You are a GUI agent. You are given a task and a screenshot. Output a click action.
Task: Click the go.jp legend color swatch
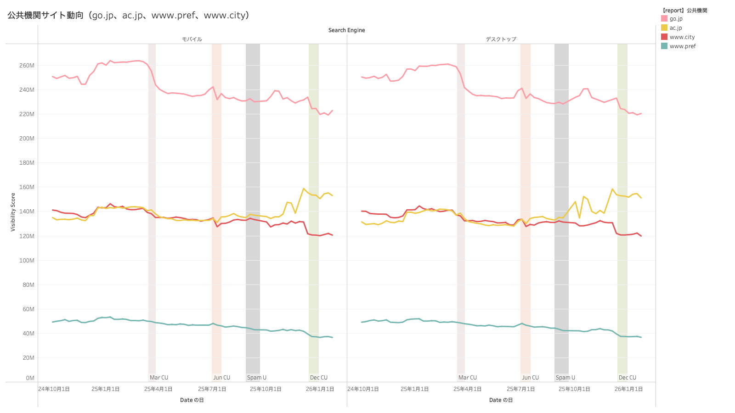tap(664, 19)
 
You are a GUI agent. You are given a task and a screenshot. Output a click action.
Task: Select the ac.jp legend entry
tap(675, 28)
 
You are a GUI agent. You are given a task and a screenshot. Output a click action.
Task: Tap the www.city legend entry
tap(682, 37)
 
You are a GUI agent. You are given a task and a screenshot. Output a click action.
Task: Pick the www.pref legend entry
tap(682, 46)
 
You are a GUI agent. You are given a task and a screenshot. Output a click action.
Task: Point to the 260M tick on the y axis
tap(27, 66)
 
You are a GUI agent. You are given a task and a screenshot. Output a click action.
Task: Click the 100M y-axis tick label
tap(27, 261)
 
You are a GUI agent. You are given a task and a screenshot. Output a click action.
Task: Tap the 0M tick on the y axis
tap(30, 378)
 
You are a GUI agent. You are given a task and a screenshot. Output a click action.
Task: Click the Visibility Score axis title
tap(13, 212)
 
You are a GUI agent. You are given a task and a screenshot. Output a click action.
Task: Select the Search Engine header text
tap(346, 30)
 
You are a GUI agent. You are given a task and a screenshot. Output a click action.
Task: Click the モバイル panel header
tap(192, 39)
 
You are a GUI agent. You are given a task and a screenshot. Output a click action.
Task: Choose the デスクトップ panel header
tap(501, 39)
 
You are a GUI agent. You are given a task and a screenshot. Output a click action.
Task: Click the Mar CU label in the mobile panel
tap(159, 378)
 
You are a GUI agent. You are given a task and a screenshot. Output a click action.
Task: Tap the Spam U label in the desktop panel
tap(565, 378)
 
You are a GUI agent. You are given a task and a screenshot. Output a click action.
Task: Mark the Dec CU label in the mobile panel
tap(319, 378)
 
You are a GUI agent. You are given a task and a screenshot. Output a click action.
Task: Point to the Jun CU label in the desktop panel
tap(530, 378)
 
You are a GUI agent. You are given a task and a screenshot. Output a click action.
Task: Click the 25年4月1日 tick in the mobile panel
tap(158, 389)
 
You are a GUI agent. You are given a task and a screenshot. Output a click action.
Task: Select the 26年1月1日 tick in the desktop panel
tap(628, 389)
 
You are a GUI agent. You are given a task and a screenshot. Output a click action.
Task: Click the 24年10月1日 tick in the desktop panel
tap(363, 389)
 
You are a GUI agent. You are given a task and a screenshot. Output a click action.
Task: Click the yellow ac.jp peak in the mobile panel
tap(304, 189)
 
